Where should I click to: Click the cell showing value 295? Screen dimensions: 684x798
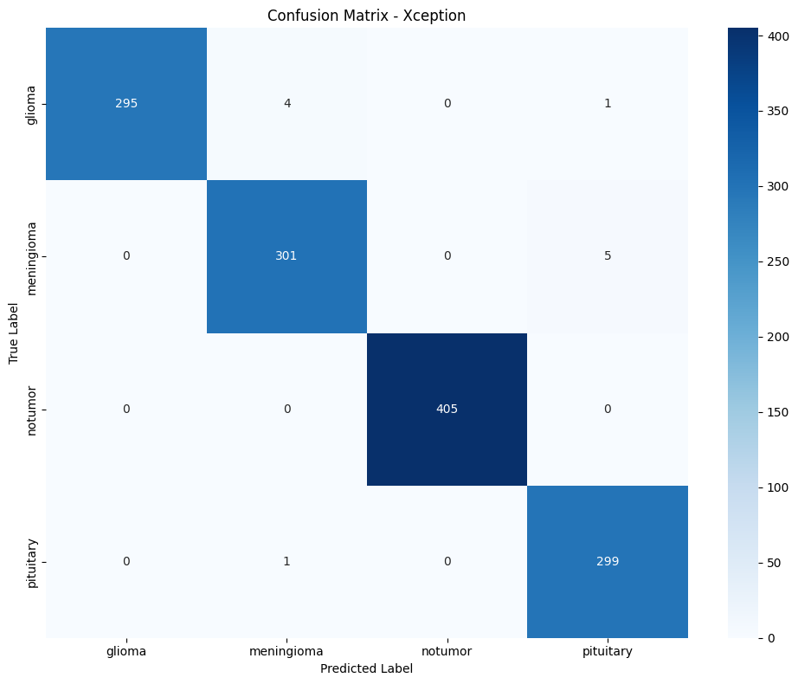click(x=126, y=104)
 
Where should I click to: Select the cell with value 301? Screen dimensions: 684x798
click(x=286, y=256)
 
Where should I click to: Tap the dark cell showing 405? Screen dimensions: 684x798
click(x=447, y=409)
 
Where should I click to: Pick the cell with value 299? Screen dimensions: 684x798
click(x=608, y=561)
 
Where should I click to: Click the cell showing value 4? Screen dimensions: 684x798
click(x=286, y=104)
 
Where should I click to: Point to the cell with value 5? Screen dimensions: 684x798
click(x=608, y=256)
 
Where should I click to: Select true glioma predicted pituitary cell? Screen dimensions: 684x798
click(x=608, y=104)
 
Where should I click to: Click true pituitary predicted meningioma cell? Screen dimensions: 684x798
click(x=286, y=561)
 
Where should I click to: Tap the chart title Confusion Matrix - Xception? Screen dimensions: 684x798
click(x=367, y=16)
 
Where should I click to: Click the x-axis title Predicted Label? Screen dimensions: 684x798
click(x=367, y=668)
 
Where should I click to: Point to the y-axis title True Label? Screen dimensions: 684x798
click(x=15, y=332)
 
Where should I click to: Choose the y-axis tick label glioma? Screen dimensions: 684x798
click(x=33, y=104)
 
